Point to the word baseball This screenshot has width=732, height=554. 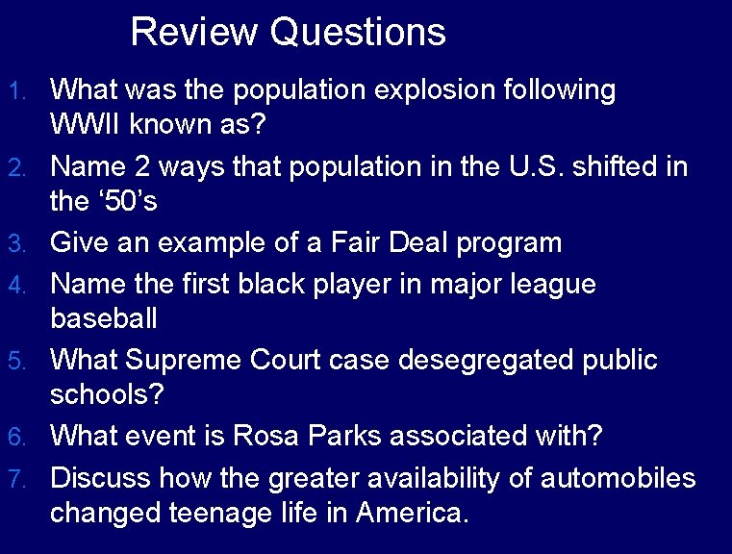(104, 318)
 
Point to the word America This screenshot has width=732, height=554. (412, 513)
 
